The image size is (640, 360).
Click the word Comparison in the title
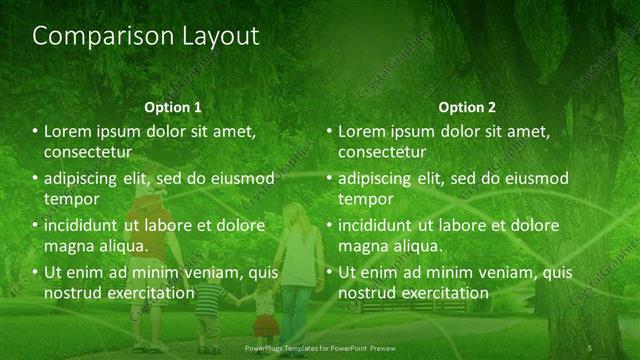point(92,37)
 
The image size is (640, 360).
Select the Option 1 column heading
point(173,107)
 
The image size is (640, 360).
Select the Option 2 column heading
point(467,107)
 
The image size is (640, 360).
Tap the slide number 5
point(590,347)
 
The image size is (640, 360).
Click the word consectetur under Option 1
point(89,152)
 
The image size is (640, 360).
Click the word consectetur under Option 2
point(383,152)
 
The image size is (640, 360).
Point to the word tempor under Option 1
point(70,199)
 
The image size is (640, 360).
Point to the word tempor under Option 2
point(364,199)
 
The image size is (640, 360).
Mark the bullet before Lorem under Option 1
point(36,132)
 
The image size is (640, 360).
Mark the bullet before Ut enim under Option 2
point(330,273)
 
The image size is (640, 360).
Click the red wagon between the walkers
point(263,327)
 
